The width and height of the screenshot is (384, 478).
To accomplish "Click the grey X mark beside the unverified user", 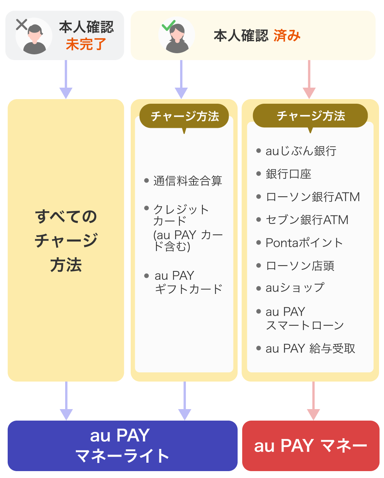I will click(22, 25).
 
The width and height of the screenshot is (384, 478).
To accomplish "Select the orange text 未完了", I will click(86, 44).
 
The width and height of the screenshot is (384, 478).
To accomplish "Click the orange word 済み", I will click(287, 36).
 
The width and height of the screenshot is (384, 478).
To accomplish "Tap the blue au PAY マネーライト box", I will click(122, 446).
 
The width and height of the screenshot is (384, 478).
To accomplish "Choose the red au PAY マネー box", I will click(310, 446).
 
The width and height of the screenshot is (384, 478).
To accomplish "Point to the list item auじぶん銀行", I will click(301, 151).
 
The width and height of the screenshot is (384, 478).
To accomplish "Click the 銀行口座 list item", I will click(288, 174).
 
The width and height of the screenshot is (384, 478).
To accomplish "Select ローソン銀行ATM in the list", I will click(313, 197).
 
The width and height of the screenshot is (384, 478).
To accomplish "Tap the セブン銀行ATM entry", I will click(307, 220).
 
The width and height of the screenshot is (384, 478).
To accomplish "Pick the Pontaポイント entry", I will click(304, 243).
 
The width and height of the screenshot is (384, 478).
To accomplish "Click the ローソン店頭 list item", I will click(300, 266).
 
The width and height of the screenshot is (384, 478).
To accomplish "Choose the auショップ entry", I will click(295, 288).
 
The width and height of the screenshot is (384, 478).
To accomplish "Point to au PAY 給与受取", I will click(310, 349).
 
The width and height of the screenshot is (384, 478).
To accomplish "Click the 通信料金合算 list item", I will click(187, 181).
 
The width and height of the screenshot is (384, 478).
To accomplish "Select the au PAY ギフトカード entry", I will click(188, 282).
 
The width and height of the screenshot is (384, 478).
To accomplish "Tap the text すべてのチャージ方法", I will click(66, 240).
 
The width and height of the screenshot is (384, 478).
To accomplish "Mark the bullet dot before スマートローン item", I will click(259, 312).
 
